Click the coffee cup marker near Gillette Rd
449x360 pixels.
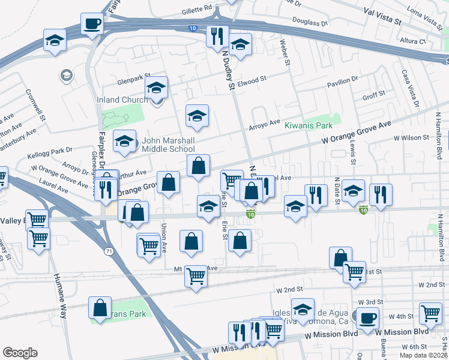pyautogui.click(x=92, y=24)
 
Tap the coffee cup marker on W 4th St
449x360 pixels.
pyautogui.click(x=367, y=317)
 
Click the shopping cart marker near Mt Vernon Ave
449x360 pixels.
pyautogui.click(x=196, y=276)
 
